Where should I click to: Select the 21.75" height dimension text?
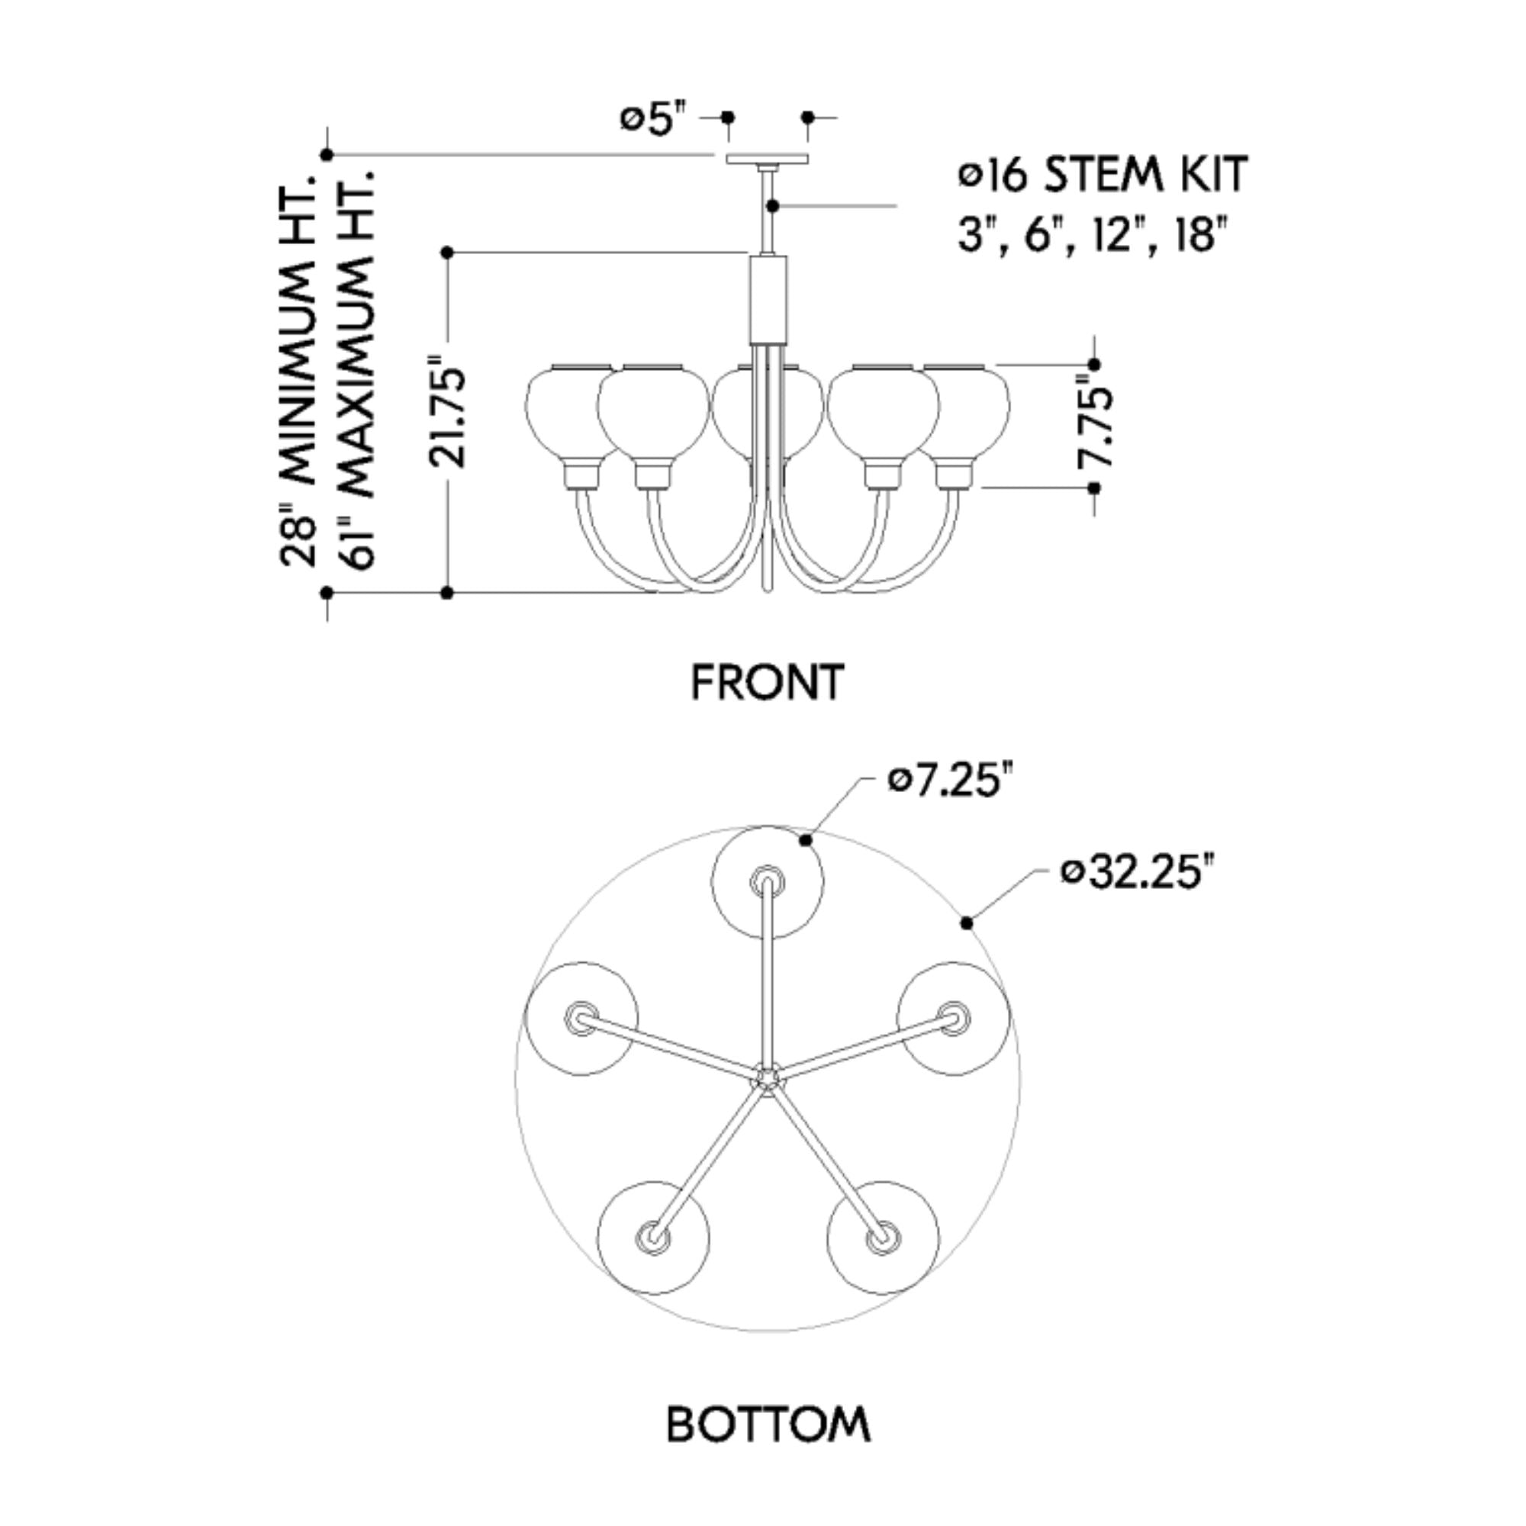[448, 411]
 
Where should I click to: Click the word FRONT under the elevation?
[768, 682]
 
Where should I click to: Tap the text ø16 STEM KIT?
[1103, 175]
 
